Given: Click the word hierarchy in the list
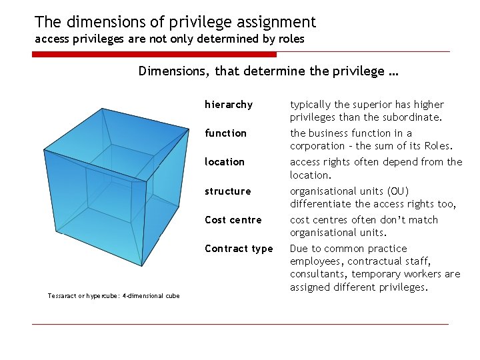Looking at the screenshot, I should tap(229, 105).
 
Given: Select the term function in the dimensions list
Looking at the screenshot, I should tap(225, 133).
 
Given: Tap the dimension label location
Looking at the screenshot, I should tap(225, 162).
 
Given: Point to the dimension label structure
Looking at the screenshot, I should tap(228, 191).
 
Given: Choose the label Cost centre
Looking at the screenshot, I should tap(233, 220).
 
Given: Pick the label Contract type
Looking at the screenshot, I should tap(239, 249).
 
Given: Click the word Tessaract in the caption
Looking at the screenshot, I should tap(61, 296).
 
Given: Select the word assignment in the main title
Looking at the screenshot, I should tap(273, 22).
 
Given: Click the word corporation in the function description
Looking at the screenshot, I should tap(319, 146).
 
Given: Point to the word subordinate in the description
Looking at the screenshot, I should tap(411, 117).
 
